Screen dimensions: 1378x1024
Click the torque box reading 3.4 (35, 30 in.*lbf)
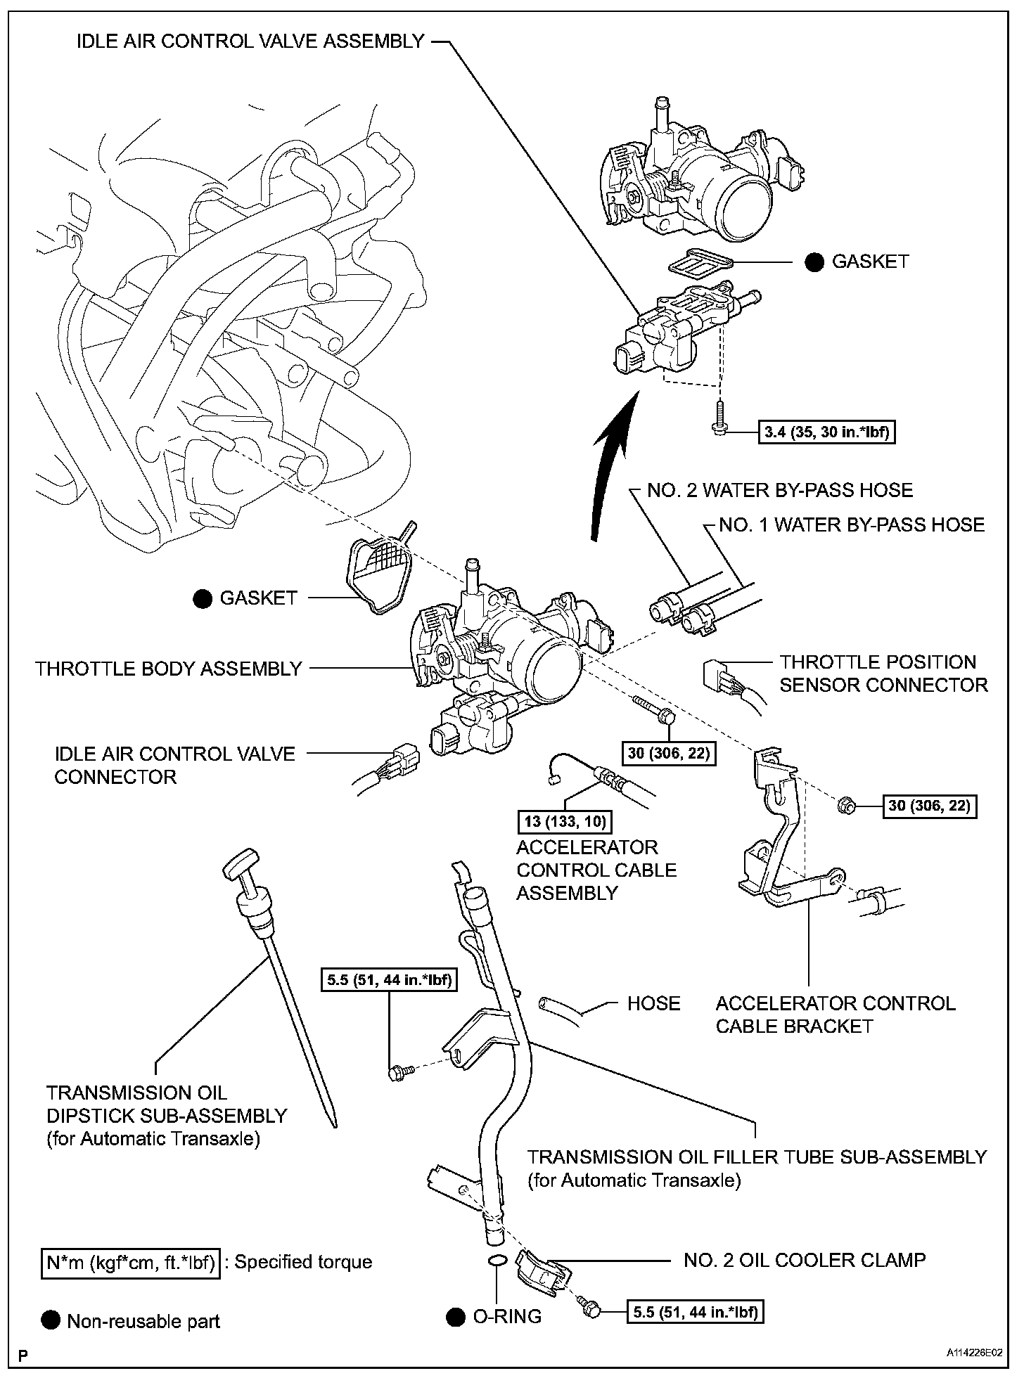[828, 431]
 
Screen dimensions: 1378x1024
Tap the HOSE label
[653, 1003]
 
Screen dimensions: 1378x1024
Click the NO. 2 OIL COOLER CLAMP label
[805, 1260]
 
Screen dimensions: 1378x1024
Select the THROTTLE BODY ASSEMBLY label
[169, 669]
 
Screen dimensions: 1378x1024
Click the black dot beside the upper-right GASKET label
[814, 262]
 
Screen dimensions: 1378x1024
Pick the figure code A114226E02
[973, 1353]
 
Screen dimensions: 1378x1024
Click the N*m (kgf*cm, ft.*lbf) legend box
[130, 1262]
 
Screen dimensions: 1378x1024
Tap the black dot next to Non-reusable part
[51, 1321]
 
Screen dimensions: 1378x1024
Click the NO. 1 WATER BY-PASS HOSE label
[852, 524]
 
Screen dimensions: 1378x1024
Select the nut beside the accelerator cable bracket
[847, 806]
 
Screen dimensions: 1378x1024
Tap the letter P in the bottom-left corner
[24, 1354]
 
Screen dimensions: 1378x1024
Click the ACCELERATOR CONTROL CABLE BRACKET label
[836, 1015]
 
